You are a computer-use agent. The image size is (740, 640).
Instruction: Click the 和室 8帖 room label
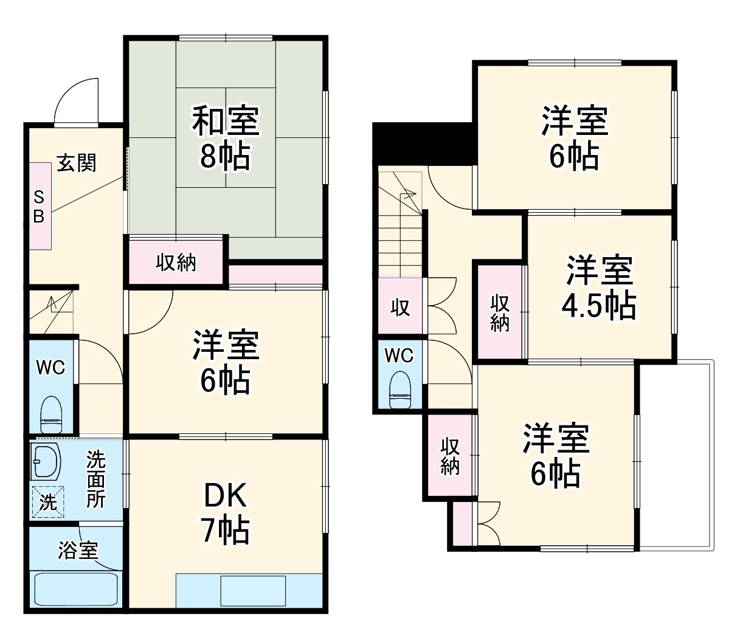pos(226,138)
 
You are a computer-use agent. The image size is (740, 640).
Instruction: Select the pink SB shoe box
pos(39,206)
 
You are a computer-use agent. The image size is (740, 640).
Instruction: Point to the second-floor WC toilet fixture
pos(399,389)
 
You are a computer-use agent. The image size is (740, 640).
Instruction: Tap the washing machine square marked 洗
pos(47,501)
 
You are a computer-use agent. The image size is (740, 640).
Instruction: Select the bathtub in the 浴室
pos(75,588)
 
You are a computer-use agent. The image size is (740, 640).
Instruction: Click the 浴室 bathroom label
pos(78,550)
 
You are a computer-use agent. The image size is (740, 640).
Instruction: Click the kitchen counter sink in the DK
pos(252,590)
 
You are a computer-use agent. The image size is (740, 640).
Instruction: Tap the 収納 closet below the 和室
pos(176,262)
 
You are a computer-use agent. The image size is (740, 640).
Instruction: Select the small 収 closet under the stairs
pos(399,307)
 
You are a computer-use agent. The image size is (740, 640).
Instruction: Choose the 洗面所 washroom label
pos(95,480)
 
